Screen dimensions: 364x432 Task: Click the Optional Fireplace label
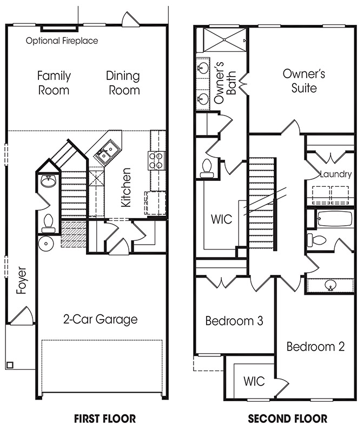(62, 41)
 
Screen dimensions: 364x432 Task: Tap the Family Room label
(54, 83)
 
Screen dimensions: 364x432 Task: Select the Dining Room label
(123, 83)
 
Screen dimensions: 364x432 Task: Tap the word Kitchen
(126, 187)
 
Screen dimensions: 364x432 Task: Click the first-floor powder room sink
(49, 181)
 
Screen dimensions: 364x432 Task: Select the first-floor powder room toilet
(48, 223)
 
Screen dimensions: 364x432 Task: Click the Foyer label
(21, 280)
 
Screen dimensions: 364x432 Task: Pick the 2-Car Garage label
(101, 319)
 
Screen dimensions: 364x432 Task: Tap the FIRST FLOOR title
(105, 419)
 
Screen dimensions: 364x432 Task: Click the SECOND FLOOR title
(288, 419)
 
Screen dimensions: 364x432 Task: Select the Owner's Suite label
(304, 81)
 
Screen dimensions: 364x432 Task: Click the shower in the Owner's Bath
(224, 40)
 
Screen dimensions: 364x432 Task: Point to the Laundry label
(336, 174)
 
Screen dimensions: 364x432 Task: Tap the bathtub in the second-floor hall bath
(335, 219)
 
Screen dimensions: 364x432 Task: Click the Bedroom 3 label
(234, 321)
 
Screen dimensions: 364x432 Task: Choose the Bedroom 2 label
(316, 347)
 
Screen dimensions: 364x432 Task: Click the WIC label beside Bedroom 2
(254, 381)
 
